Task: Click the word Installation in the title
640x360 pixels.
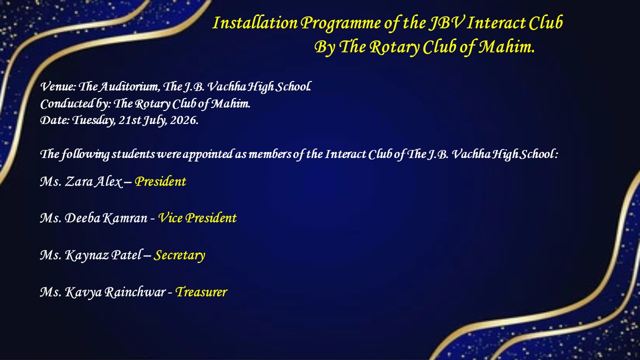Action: point(255,23)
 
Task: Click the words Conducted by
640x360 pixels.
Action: point(75,104)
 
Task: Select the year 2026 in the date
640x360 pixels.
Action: point(184,120)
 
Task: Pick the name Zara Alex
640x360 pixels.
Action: point(93,181)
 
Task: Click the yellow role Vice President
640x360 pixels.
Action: point(197,218)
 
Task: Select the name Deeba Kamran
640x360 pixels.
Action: point(106,218)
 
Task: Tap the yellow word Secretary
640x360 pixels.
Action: point(179,255)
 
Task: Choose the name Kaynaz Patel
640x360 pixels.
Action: point(103,255)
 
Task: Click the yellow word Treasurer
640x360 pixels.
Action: point(201,292)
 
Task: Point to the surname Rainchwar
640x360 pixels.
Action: point(135,292)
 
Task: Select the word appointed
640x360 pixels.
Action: point(207,155)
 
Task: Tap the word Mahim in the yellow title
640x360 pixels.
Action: point(506,47)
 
